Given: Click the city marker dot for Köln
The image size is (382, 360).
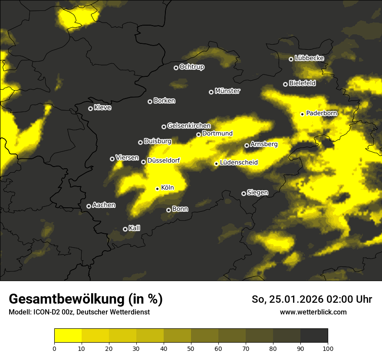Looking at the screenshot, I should click(x=158, y=189).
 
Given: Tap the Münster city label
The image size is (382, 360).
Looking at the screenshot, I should click(x=227, y=91).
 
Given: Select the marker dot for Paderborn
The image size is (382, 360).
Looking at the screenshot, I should click(x=303, y=114).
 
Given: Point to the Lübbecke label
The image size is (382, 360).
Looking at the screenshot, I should click(x=309, y=58).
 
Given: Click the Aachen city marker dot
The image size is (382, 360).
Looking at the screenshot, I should click(x=89, y=206).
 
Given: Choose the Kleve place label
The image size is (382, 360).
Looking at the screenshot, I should click(x=102, y=108).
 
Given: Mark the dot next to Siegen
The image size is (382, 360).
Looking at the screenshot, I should click(x=244, y=193).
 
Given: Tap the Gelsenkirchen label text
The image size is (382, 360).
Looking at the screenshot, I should click(x=189, y=126).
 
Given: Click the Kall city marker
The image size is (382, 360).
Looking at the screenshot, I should click(x=125, y=229).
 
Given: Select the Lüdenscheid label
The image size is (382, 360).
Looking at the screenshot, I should click(x=239, y=163).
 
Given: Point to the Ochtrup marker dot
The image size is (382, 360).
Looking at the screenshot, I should click(x=176, y=68).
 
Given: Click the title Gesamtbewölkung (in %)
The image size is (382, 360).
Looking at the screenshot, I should click(x=86, y=299).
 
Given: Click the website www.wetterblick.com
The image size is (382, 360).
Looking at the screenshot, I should click(x=313, y=312).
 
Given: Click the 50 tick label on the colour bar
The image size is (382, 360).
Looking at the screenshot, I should click(x=191, y=348).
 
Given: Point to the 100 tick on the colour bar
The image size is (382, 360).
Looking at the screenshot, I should click(x=328, y=348).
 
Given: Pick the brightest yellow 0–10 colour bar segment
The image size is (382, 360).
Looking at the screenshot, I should click(x=68, y=335).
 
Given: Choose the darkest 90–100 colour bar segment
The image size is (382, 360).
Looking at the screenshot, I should click(x=314, y=335).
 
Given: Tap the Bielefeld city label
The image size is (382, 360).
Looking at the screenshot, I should click(x=302, y=83).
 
